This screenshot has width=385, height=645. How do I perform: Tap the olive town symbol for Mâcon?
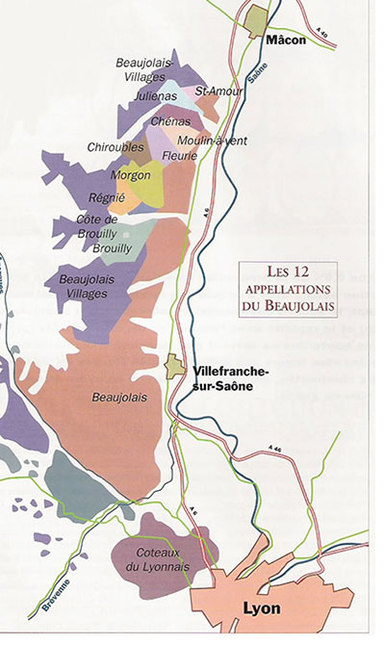coord(259,18)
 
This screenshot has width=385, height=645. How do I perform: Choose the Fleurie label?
coord(180,156)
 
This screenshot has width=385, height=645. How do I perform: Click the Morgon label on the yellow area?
coord(130,175)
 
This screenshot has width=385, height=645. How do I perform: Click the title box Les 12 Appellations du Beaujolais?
coord(289,288)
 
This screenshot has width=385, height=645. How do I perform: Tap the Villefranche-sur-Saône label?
coord(231,378)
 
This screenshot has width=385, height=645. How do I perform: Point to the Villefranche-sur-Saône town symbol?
coord(175,367)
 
